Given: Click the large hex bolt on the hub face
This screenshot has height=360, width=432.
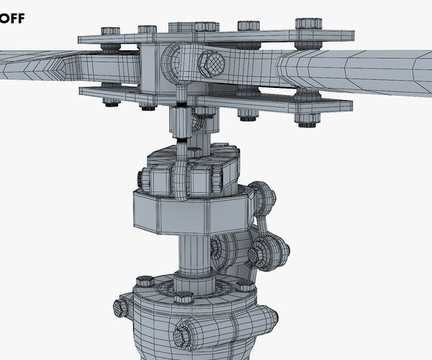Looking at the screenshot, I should click(211, 64).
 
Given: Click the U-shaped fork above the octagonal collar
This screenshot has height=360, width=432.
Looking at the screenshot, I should click(180, 176).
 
